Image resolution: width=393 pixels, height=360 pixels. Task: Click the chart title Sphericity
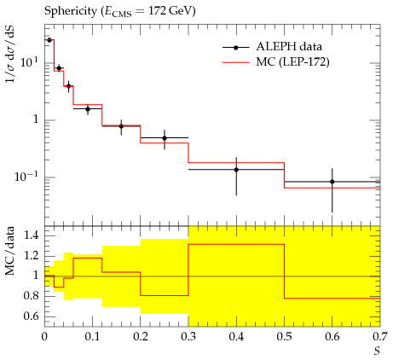pos(71,11)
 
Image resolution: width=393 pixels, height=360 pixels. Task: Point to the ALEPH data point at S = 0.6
pos(332,182)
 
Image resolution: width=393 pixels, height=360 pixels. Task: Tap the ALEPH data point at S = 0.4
pos(236,170)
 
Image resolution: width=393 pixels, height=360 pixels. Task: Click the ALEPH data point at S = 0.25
pos(165,138)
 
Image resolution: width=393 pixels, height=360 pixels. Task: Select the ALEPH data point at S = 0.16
pos(121,126)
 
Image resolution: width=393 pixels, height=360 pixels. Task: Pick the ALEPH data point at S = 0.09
pos(88,109)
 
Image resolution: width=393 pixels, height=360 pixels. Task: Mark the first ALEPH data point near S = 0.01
pos(49,40)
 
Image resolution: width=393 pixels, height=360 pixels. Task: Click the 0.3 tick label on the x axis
pos(188,337)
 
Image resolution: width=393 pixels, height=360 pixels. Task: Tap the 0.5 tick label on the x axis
pos(284,337)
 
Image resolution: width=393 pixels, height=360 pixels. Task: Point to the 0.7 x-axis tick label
pos(380,337)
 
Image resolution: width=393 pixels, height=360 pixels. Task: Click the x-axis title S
pos(377,351)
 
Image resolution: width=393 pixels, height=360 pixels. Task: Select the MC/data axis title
pos(10,251)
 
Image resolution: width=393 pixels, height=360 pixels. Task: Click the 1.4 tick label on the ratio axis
pos(31,235)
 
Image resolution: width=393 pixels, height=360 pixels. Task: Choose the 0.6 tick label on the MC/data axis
pos(31,316)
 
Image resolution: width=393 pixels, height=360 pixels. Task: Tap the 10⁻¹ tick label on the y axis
pos(26,177)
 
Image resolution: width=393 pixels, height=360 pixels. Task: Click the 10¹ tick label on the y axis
pos(29,61)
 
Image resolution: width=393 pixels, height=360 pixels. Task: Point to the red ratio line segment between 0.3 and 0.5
pos(236,244)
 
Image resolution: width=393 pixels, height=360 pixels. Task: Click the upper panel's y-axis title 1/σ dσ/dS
pos(10,54)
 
